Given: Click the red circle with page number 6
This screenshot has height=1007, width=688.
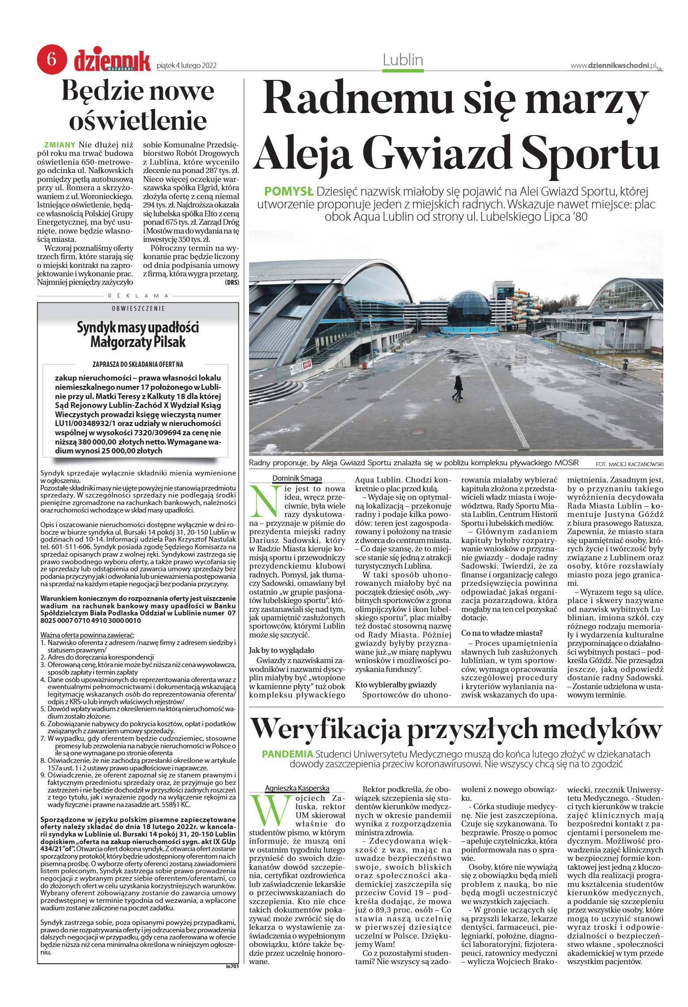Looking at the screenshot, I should click(x=52, y=59).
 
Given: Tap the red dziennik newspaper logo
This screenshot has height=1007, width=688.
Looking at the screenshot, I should click(x=112, y=60).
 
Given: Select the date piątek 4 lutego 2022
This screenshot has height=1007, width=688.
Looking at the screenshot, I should click(x=186, y=66).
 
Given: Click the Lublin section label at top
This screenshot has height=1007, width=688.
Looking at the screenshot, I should click(x=403, y=60).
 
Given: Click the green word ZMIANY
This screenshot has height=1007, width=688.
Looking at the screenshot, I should click(x=60, y=145).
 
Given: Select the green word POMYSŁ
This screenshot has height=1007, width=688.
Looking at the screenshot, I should click(x=288, y=192).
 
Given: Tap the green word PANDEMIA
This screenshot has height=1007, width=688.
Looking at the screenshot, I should click(x=287, y=754).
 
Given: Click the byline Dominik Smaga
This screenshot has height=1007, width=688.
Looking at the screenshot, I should click(x=297, y=478).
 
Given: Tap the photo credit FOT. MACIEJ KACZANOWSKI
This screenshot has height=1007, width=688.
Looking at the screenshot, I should click(x=629, y=464).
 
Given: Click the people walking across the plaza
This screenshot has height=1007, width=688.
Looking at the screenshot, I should click(x=458, y=388).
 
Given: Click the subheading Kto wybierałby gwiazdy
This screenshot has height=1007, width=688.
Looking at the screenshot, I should click(x=396, y=685).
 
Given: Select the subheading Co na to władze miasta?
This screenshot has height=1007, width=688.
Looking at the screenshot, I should click(x=502, y=633).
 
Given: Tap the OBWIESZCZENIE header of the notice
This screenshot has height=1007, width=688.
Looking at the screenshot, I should click(x=138, y=308).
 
